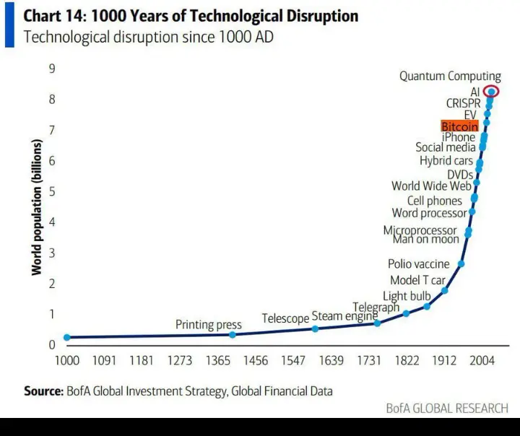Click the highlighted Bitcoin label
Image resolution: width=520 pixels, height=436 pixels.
coord(460,126)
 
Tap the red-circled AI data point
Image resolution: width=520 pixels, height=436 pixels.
coord(492,92)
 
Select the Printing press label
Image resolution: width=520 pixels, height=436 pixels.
coord(208,325)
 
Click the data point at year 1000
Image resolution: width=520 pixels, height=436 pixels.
coord(67,337)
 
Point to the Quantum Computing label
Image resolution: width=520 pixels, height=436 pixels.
coord(450,77)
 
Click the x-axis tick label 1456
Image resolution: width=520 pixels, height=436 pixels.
coord(255,360)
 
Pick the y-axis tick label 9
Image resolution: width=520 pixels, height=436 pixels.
coord(52,69)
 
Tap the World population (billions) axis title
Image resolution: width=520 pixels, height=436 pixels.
coord(36,206)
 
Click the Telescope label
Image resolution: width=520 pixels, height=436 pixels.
coord(285,318)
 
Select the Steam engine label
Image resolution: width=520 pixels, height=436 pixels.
coord(344,316)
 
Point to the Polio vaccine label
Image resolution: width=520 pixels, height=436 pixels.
coord(418,264)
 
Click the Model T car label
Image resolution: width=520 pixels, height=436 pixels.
coord(417,280)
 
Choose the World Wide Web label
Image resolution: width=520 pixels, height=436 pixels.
coord(431,186)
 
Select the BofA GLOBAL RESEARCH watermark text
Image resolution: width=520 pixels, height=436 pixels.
coord(446,409)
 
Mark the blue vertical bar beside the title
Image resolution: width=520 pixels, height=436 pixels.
coord(9,26)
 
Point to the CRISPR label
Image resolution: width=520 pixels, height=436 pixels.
coord(463,103)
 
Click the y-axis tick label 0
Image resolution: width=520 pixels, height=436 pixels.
coord(52,344)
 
